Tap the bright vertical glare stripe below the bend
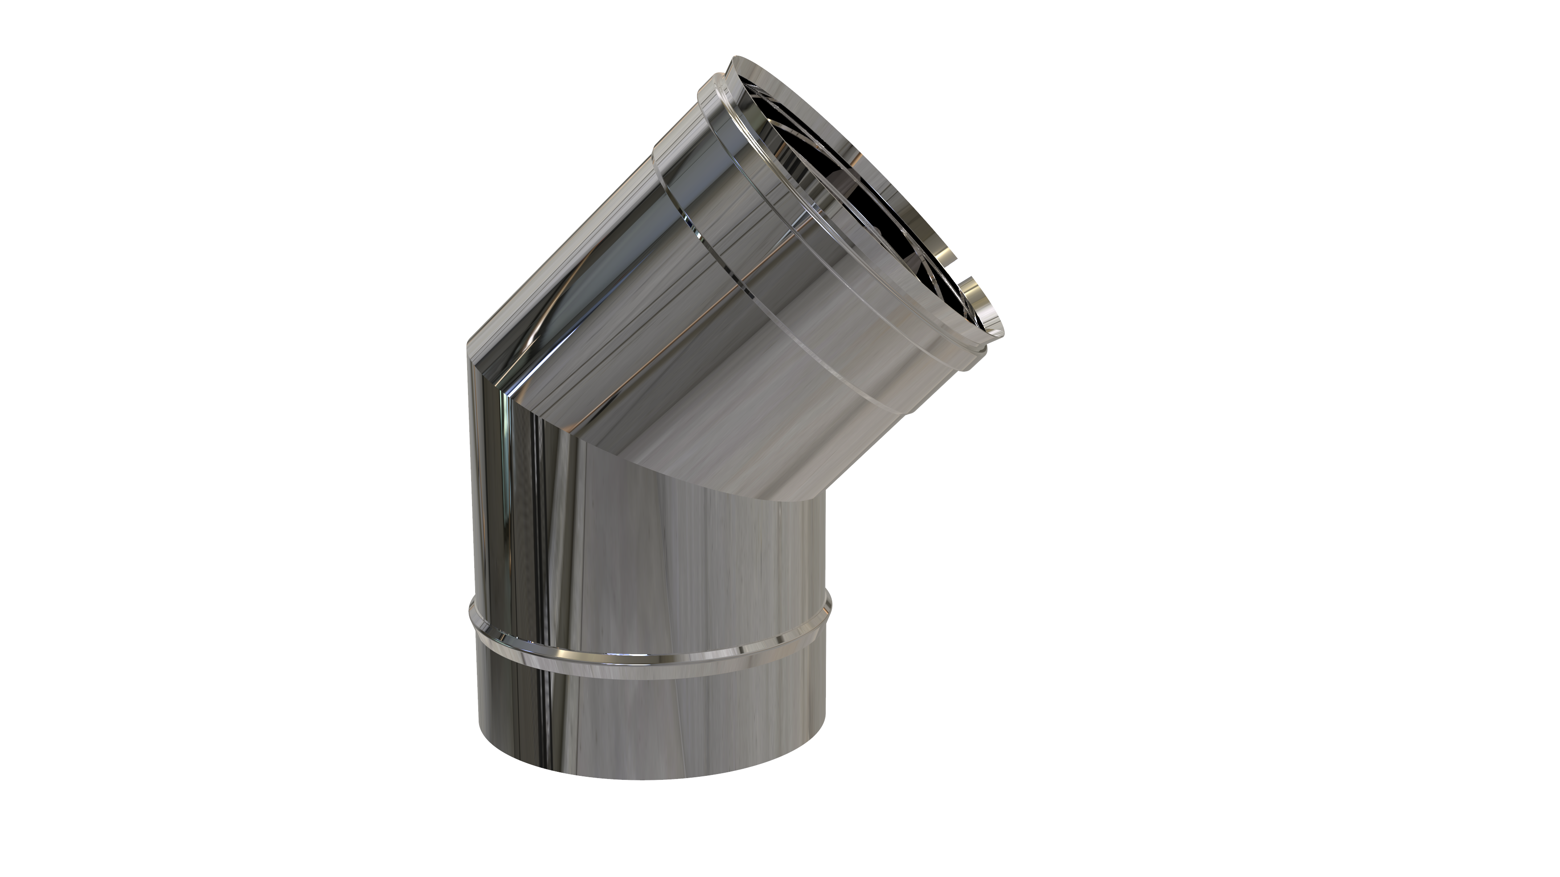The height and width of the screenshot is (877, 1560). (506, 484)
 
